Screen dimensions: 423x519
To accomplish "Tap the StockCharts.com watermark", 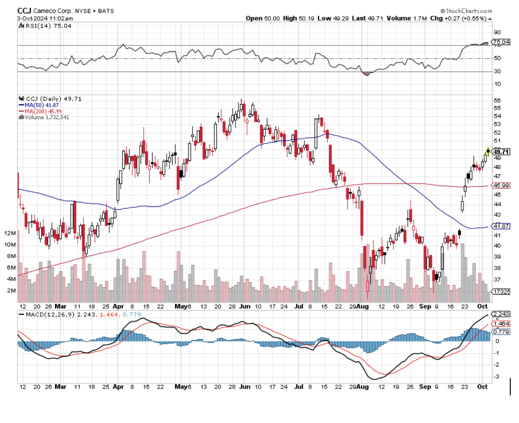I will point(467,11).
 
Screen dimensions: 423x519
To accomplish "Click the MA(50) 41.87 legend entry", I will point(42,105).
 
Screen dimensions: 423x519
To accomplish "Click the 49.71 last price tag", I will point(500,152).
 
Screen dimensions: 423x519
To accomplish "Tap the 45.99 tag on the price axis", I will point(500,185).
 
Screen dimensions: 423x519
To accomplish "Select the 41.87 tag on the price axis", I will point(500,226).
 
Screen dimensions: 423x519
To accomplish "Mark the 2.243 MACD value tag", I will point(500,314).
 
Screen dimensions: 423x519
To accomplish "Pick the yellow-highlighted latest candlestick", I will point(488,152).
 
